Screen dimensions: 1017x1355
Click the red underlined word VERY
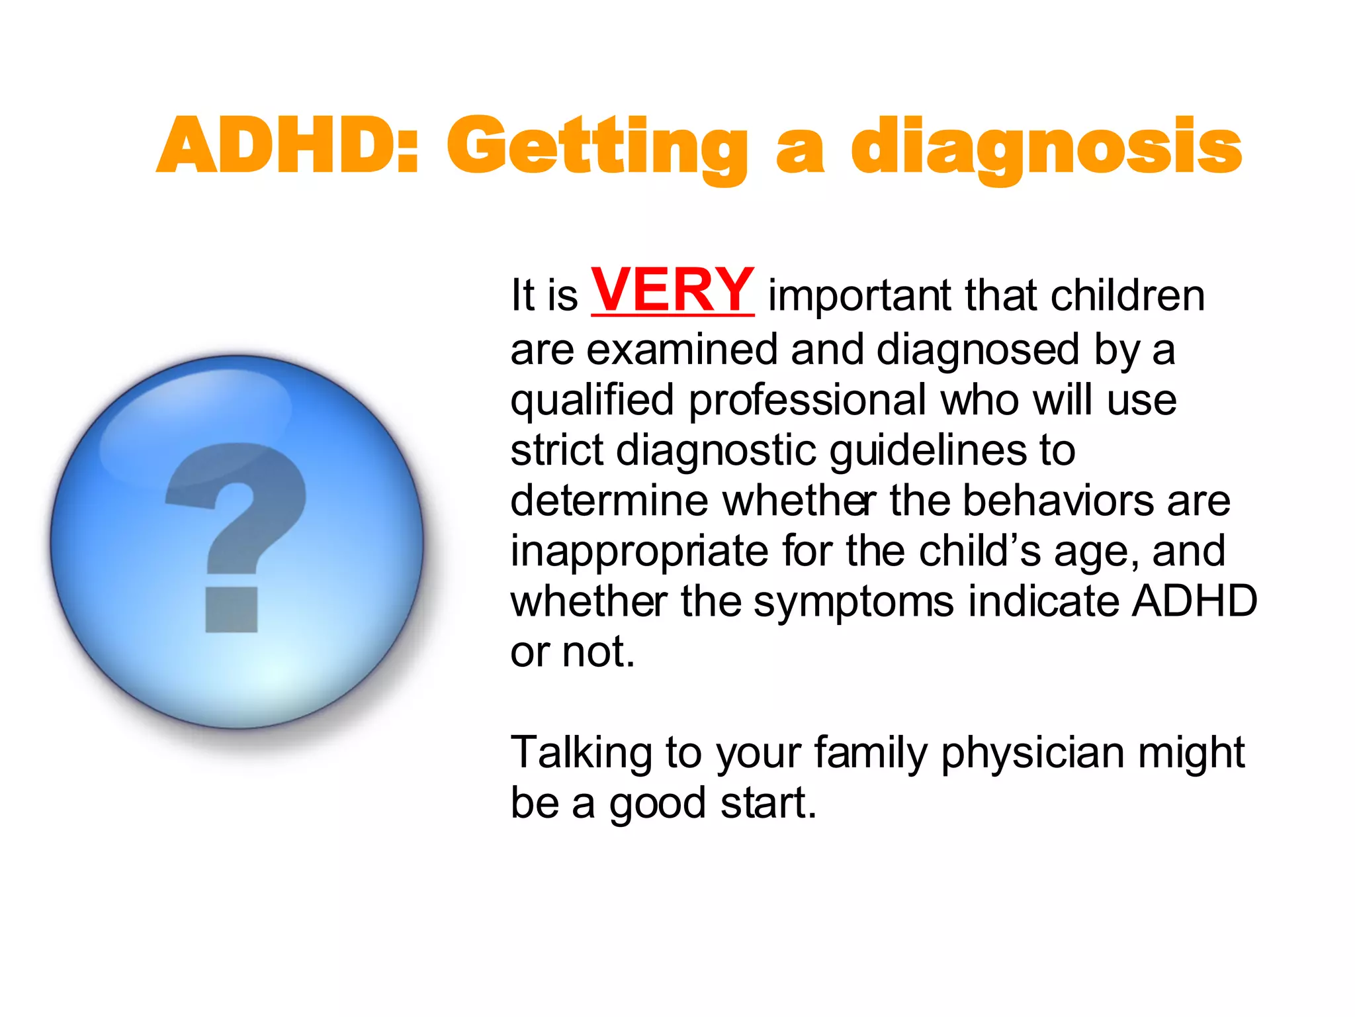(672, 290)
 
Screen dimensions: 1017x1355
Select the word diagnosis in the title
(1046, 147)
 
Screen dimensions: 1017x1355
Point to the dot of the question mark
(232, 609)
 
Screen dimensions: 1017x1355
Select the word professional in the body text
(807, 401)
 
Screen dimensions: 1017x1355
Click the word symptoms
(853, 602)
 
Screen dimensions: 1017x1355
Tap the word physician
(1032, 753)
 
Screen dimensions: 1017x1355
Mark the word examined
(681, 350)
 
